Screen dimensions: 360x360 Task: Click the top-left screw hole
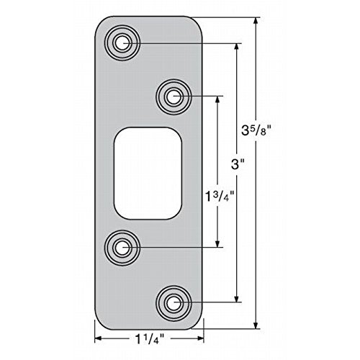click(122, 43)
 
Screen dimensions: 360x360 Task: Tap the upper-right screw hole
click(174, 96)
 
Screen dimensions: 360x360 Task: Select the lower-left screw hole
click(122, 248)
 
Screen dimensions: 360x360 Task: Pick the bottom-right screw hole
click(174, 303)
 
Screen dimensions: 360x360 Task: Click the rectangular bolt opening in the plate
click(148, 174)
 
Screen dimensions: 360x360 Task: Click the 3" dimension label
click(238, 165)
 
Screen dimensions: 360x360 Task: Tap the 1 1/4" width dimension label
click(150, 339)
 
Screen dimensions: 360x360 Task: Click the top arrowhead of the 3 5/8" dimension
click(256, 21)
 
